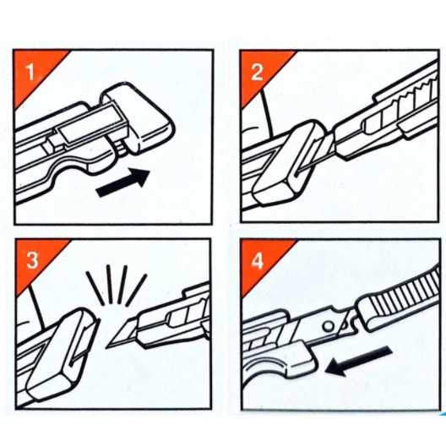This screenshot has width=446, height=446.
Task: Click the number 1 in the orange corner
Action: coord(30,73)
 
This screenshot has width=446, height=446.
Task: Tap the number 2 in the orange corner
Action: coord(257,72)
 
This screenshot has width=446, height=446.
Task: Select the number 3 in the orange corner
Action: coord(32,260)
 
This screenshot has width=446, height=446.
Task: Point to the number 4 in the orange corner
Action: coord(258,261)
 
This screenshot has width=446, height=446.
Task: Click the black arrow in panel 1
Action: coord(122,182)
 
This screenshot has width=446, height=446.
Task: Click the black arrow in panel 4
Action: coord(359,360)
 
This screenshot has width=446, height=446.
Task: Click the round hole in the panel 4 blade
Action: coord(329,326)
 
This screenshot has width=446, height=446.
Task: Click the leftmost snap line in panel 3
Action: coord(95,286)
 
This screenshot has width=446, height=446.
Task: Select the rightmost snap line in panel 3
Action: coord(137,290)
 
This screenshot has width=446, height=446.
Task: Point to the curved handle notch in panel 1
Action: coord(68,171)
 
